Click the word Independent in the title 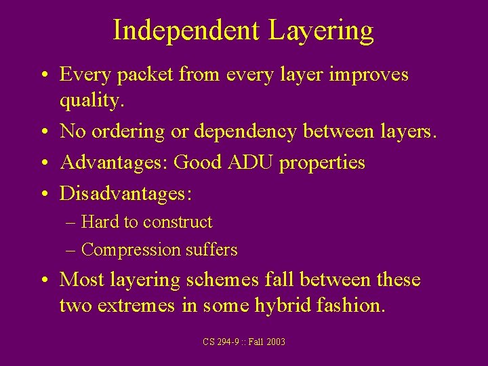pos(186,30)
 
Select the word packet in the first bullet pos(146,74)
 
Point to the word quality pos(91,100)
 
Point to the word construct pos(178,222)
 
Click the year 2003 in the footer pos(275,342)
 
